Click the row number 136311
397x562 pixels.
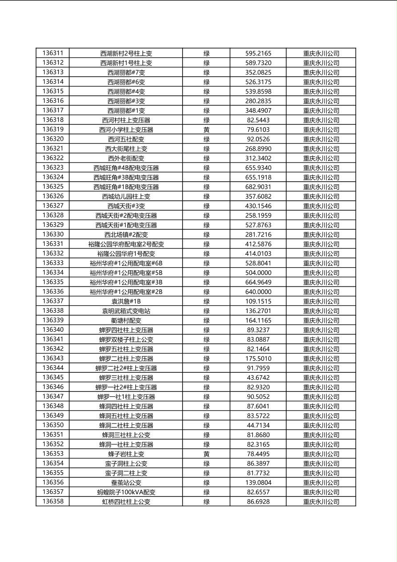[x=53, y=53]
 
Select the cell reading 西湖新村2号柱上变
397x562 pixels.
[x=126, y=53]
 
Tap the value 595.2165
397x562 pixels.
[x=258, y=53]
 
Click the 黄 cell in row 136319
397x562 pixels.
[x=207, y=130]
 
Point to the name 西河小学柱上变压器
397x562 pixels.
[x=126, y=130]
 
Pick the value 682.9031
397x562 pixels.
[x=258, y=187]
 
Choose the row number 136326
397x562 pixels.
[x=53, y=196]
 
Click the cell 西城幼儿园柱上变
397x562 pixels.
[x=126, y=196]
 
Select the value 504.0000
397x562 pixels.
[x=258, y=273]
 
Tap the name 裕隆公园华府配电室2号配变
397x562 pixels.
[x=126, y=244]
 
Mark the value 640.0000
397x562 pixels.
[x=258, y=292]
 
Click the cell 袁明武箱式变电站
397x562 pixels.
[x=126, y=311]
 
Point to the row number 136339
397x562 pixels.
[x=53, y=320]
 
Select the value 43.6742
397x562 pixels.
[x=258, y=378]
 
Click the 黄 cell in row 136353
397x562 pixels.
[x=207, y=454]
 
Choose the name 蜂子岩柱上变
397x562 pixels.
[x=126, y=454]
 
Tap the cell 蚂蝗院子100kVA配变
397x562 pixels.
[x=126, y=492]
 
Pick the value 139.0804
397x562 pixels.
[x=258, y=483]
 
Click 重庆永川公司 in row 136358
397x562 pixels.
[x=321, y=501]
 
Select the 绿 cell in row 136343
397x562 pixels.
[x=207, y=358]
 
